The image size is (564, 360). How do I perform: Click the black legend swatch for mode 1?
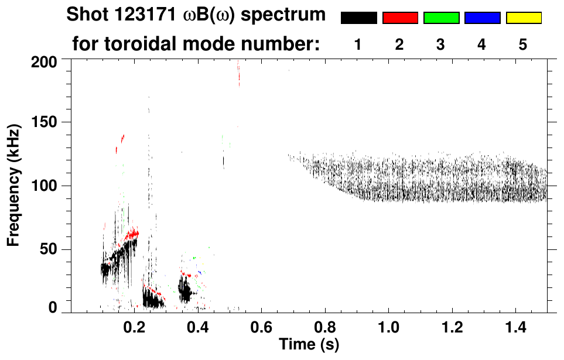[358, 18]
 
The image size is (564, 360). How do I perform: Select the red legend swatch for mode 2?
[400, 18]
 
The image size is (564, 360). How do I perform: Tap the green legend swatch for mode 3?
[441, 18]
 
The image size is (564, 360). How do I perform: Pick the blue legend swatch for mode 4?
[482, 18]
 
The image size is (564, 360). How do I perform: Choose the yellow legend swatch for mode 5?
[524, 18]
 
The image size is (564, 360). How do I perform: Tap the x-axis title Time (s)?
[309, 344]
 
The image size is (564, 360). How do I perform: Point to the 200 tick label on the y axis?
[46, 61]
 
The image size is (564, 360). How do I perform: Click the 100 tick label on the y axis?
[46, 186]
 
